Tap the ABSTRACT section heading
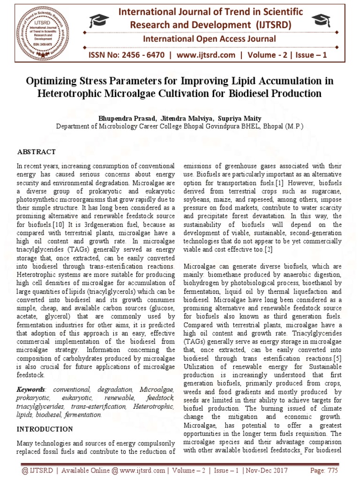[37, 152]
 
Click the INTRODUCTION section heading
[45, 429]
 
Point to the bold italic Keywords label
[31, 390]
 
